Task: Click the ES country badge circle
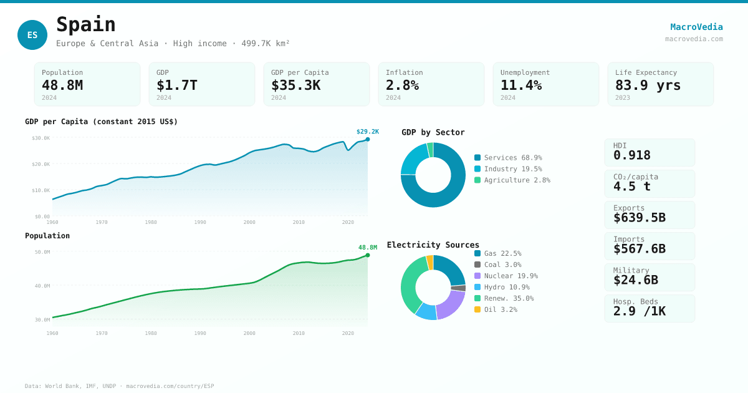click(32, 35)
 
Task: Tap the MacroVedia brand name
click(696, 27)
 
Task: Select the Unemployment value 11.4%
click(520, 85)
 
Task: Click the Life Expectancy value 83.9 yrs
click(648, 85)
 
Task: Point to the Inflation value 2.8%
click(402, 85)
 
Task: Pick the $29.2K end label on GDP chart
click(367, 132)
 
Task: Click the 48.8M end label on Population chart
click(367, 248)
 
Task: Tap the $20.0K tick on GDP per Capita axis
click(41, 164)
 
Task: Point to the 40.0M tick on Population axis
click(42, 286)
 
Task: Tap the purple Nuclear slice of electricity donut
click(451, 305)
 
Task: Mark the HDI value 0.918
click(631, 155)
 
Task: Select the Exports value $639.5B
click(639, 218)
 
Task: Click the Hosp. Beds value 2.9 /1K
click(639, 311)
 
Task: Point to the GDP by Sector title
click(433, 132)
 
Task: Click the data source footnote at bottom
click(119, 386)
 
